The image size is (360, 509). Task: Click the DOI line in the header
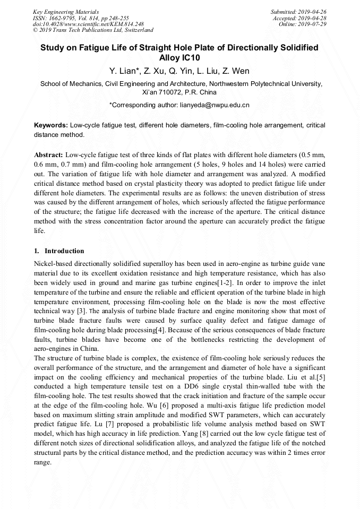88,24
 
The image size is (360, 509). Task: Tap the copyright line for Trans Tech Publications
93,31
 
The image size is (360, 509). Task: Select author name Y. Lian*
124,71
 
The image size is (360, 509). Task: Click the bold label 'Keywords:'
51,125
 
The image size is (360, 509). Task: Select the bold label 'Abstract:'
49,154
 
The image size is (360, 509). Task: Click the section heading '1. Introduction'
58,251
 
